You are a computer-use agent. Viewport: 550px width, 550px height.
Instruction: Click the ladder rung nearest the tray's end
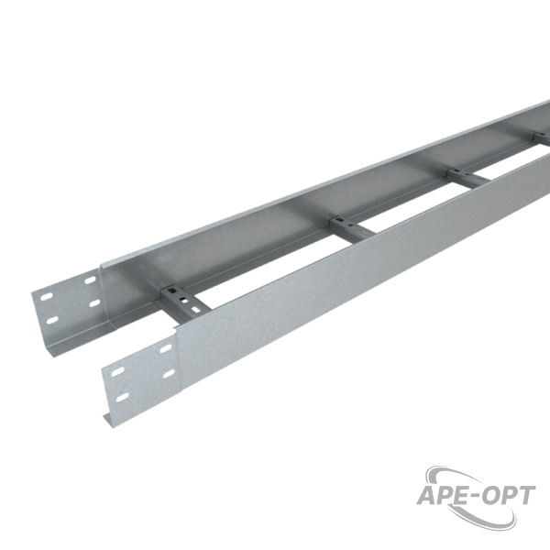tap(185, 302)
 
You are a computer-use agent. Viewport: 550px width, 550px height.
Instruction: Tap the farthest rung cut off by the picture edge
tap(542, 137)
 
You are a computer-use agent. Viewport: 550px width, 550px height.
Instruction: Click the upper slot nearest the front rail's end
tap(117, 372)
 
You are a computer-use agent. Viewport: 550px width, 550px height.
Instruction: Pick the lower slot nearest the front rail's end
tap(123, 398)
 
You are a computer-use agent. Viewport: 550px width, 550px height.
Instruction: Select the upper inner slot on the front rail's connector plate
tap(166, 348)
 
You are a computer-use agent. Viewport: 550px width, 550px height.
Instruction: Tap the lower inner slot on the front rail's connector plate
tap(169, 374)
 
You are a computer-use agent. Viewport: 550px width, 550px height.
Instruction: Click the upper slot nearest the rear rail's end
tap(47, 297)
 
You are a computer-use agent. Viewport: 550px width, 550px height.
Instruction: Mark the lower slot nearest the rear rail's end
tap(52, 320)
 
